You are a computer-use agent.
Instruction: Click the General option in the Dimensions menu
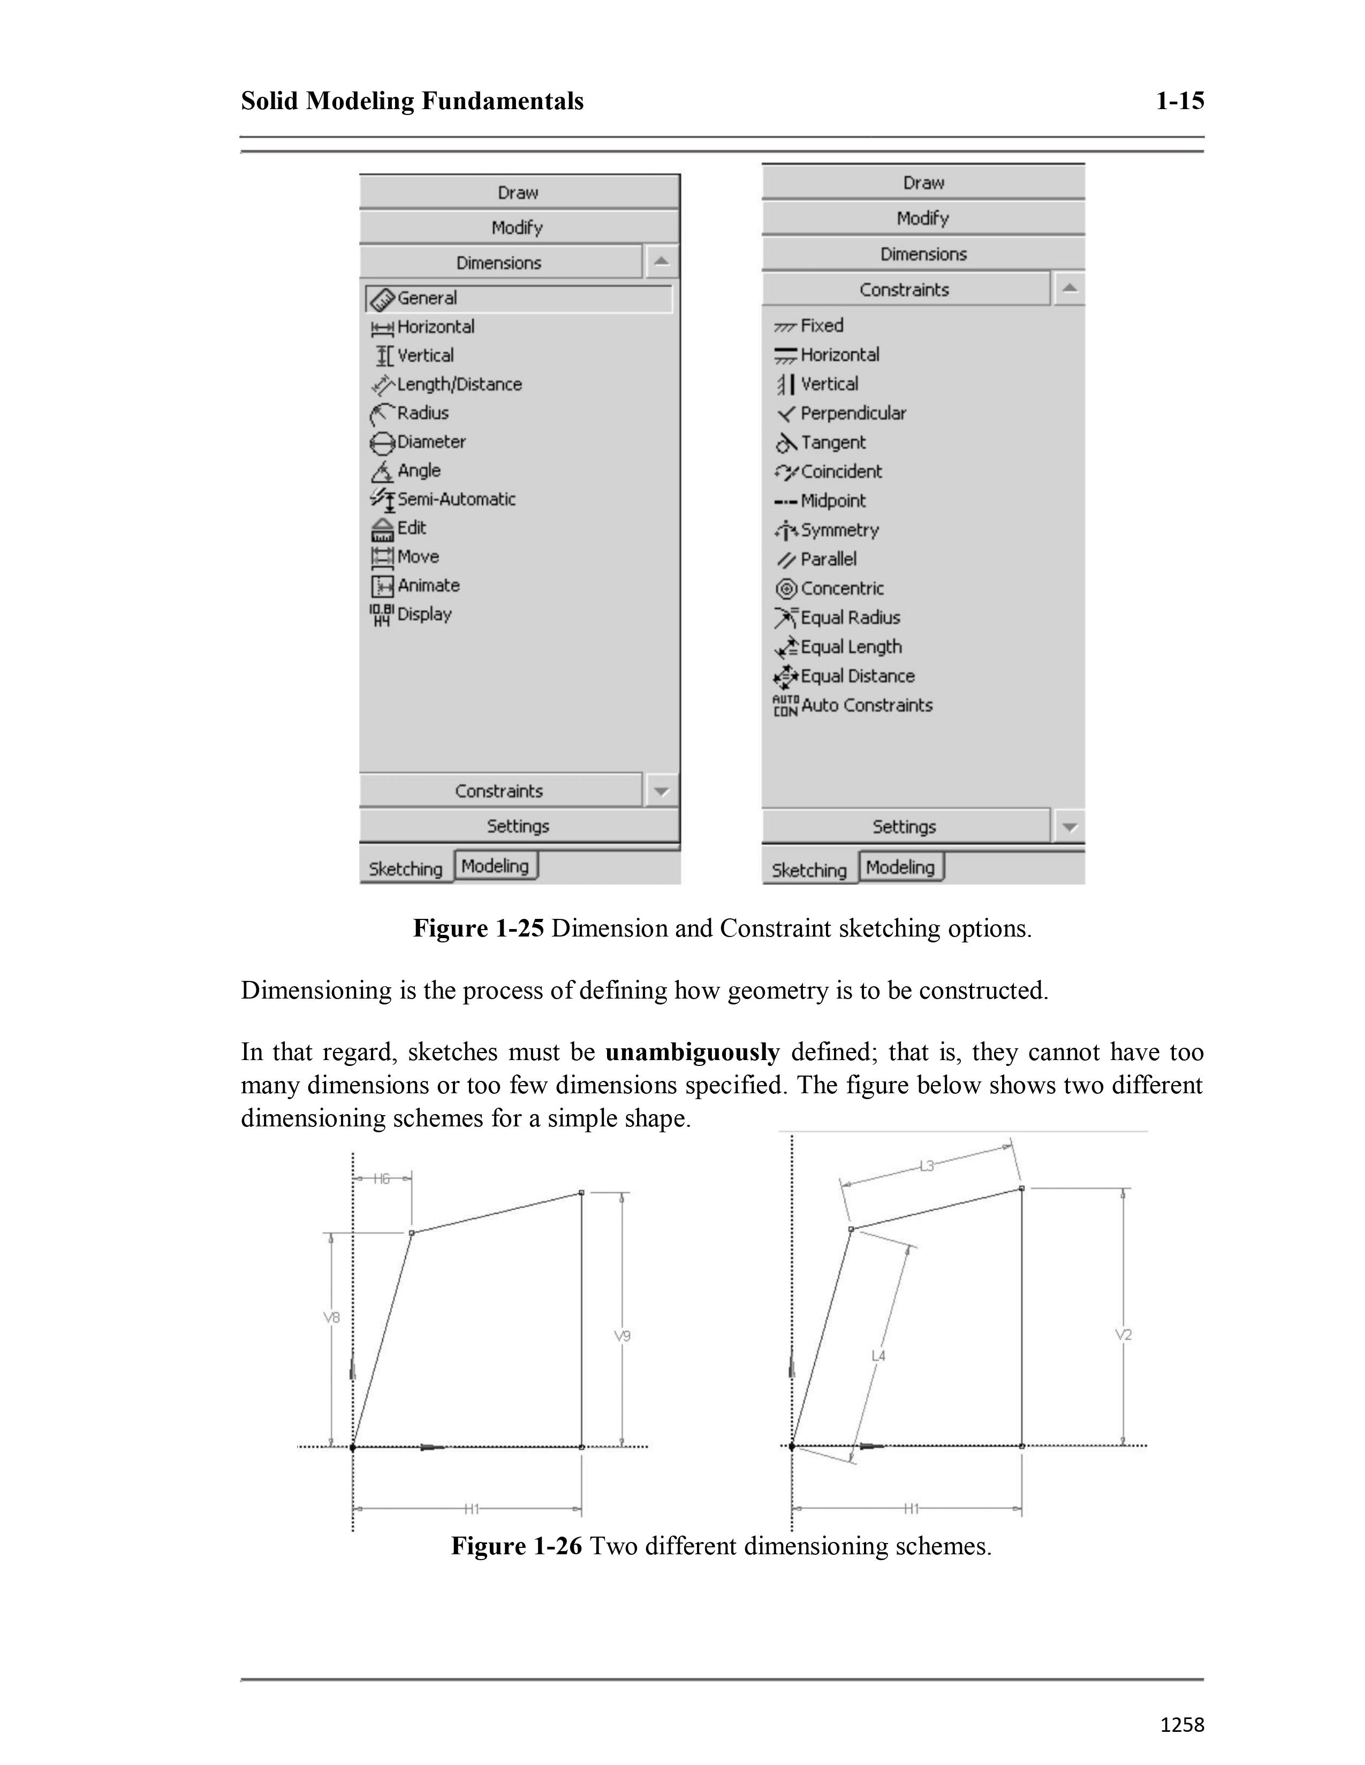point(427,298)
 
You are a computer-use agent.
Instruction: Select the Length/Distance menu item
point(459,385)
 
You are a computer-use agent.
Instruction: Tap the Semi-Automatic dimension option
point(456,500)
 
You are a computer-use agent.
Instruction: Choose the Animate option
point(428,585)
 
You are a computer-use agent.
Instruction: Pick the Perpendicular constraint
point(852,414)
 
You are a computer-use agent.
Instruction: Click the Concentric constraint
point(842,588)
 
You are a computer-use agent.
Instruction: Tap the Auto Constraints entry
point(866,705)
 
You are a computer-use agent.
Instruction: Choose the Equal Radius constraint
point(850,617)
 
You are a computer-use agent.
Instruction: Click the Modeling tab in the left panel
point(495,865)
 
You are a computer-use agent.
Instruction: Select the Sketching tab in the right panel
point(809,870)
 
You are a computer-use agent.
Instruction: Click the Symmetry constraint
point(839,530)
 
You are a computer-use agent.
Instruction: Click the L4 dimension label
point(878,1355)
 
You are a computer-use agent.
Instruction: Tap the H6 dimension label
point(382,1179)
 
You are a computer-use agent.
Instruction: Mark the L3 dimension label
point(927,1165)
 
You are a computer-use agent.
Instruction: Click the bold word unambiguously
point(692,1052)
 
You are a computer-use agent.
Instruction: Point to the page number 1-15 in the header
point(1180,101)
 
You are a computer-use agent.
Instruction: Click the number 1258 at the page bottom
point(1181,1724)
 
